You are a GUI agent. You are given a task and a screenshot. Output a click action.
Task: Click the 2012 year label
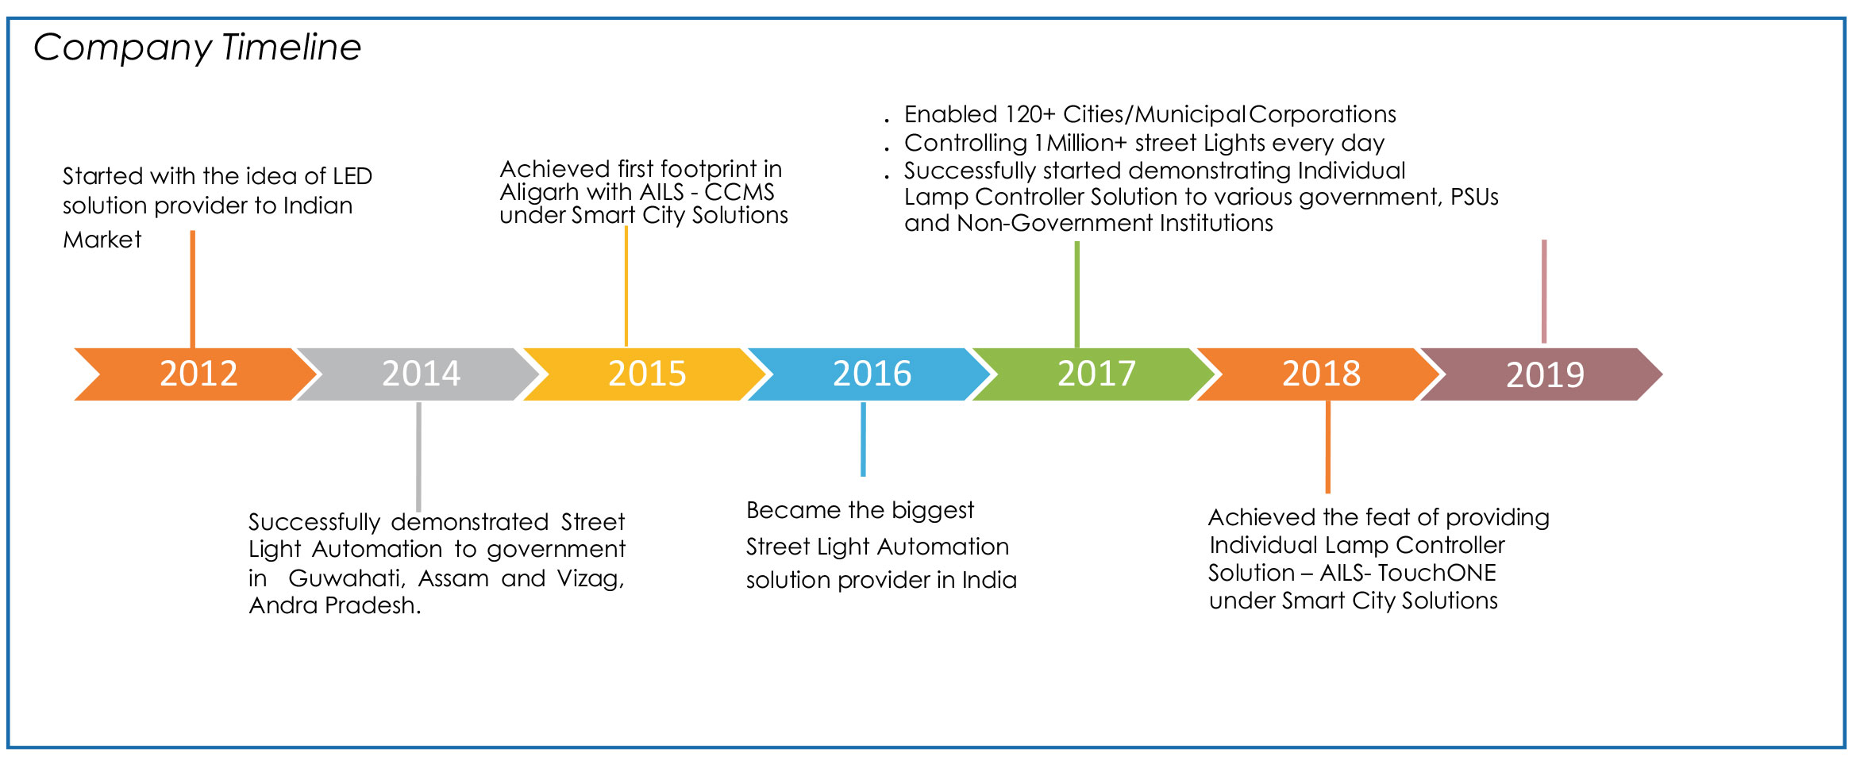(x=198, y=374)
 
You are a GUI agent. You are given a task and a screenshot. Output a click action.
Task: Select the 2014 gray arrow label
(x=421, y=374)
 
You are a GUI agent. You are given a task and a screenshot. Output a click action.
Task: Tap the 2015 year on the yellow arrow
(x=647, y=374)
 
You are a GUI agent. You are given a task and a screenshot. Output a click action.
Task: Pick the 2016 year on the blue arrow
(x=872, y=374)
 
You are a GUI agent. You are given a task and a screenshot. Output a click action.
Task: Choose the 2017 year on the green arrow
(x=1096, y=374)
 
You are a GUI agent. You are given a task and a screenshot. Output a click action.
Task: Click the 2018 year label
(x=1321, y=374)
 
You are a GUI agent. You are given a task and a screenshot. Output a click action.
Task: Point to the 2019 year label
(x=1545, y=374)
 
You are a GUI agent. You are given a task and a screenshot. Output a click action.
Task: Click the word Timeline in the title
(x=291, y=47)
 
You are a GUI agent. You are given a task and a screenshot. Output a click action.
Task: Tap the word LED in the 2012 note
(x=352, y=176)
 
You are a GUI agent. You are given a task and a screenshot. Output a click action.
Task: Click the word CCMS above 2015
(x=739, y=192)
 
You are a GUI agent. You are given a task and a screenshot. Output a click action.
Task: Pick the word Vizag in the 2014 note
(x=591, y=579)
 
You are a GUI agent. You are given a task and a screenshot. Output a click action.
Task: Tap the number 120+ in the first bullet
(x=1030, y=114)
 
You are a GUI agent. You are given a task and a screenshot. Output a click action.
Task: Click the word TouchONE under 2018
(x=1436, y=573)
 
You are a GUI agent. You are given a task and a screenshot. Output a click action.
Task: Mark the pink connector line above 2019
(x=1544, y=291)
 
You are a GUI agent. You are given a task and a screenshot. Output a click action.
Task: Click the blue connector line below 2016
(x=863, y=439)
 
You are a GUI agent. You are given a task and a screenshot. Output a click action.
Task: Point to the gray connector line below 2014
(x=418, y=457)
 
